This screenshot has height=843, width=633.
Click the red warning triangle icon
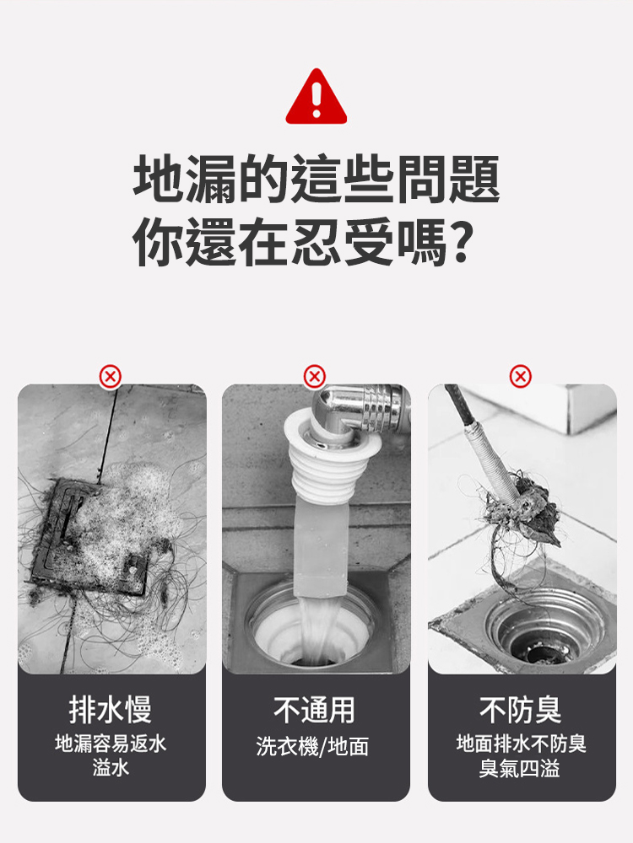(x=316, y=98)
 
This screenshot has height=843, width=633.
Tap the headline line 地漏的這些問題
(x=316, y=180)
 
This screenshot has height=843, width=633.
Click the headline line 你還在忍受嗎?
(x=302, y=243)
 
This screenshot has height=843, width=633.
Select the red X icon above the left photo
(x=111, y=376)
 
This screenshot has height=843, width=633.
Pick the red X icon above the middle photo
(x=315, y=376)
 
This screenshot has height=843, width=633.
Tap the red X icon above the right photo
(x=521, y=376)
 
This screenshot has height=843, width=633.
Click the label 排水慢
(x=111, y=710)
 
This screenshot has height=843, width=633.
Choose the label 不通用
(x=315, y=710)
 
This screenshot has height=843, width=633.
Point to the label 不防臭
(x=521, y=710)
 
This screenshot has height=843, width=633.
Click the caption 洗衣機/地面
(x=313, y=746)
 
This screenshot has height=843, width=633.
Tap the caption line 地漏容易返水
(x=111, y=744)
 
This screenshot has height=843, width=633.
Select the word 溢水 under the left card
(x=111, y=768)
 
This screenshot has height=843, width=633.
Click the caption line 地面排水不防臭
(x=521, y=744)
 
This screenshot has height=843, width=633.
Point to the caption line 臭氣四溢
(x=521, y=768)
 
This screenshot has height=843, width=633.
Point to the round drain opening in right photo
(x=540, y=628)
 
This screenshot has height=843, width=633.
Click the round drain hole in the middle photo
(x=312, y=628)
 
